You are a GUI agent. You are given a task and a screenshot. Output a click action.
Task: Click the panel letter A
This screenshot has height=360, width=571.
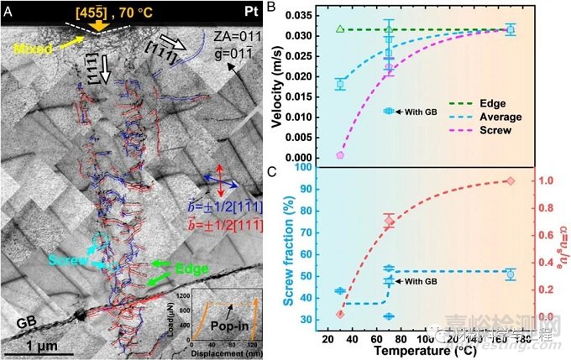[x=7, y=11]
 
